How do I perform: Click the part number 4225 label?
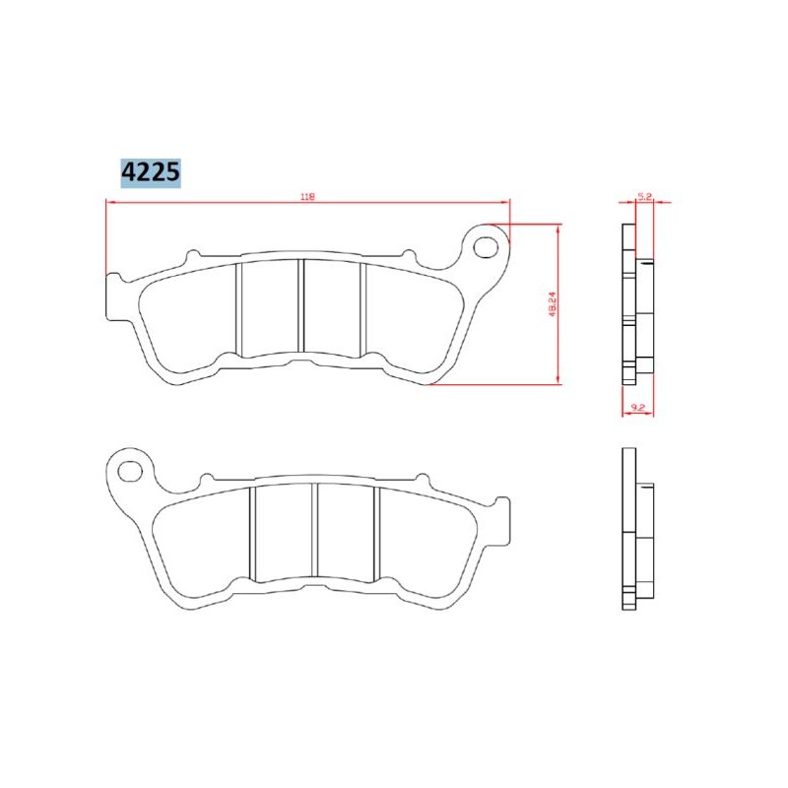150,172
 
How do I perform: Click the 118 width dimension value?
307,197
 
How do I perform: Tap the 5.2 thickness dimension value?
646,197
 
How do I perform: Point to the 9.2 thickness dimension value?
637,405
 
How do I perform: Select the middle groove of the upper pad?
302,306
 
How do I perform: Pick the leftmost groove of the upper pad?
238,306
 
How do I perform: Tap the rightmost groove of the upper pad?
365,306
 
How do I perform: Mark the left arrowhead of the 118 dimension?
109,203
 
